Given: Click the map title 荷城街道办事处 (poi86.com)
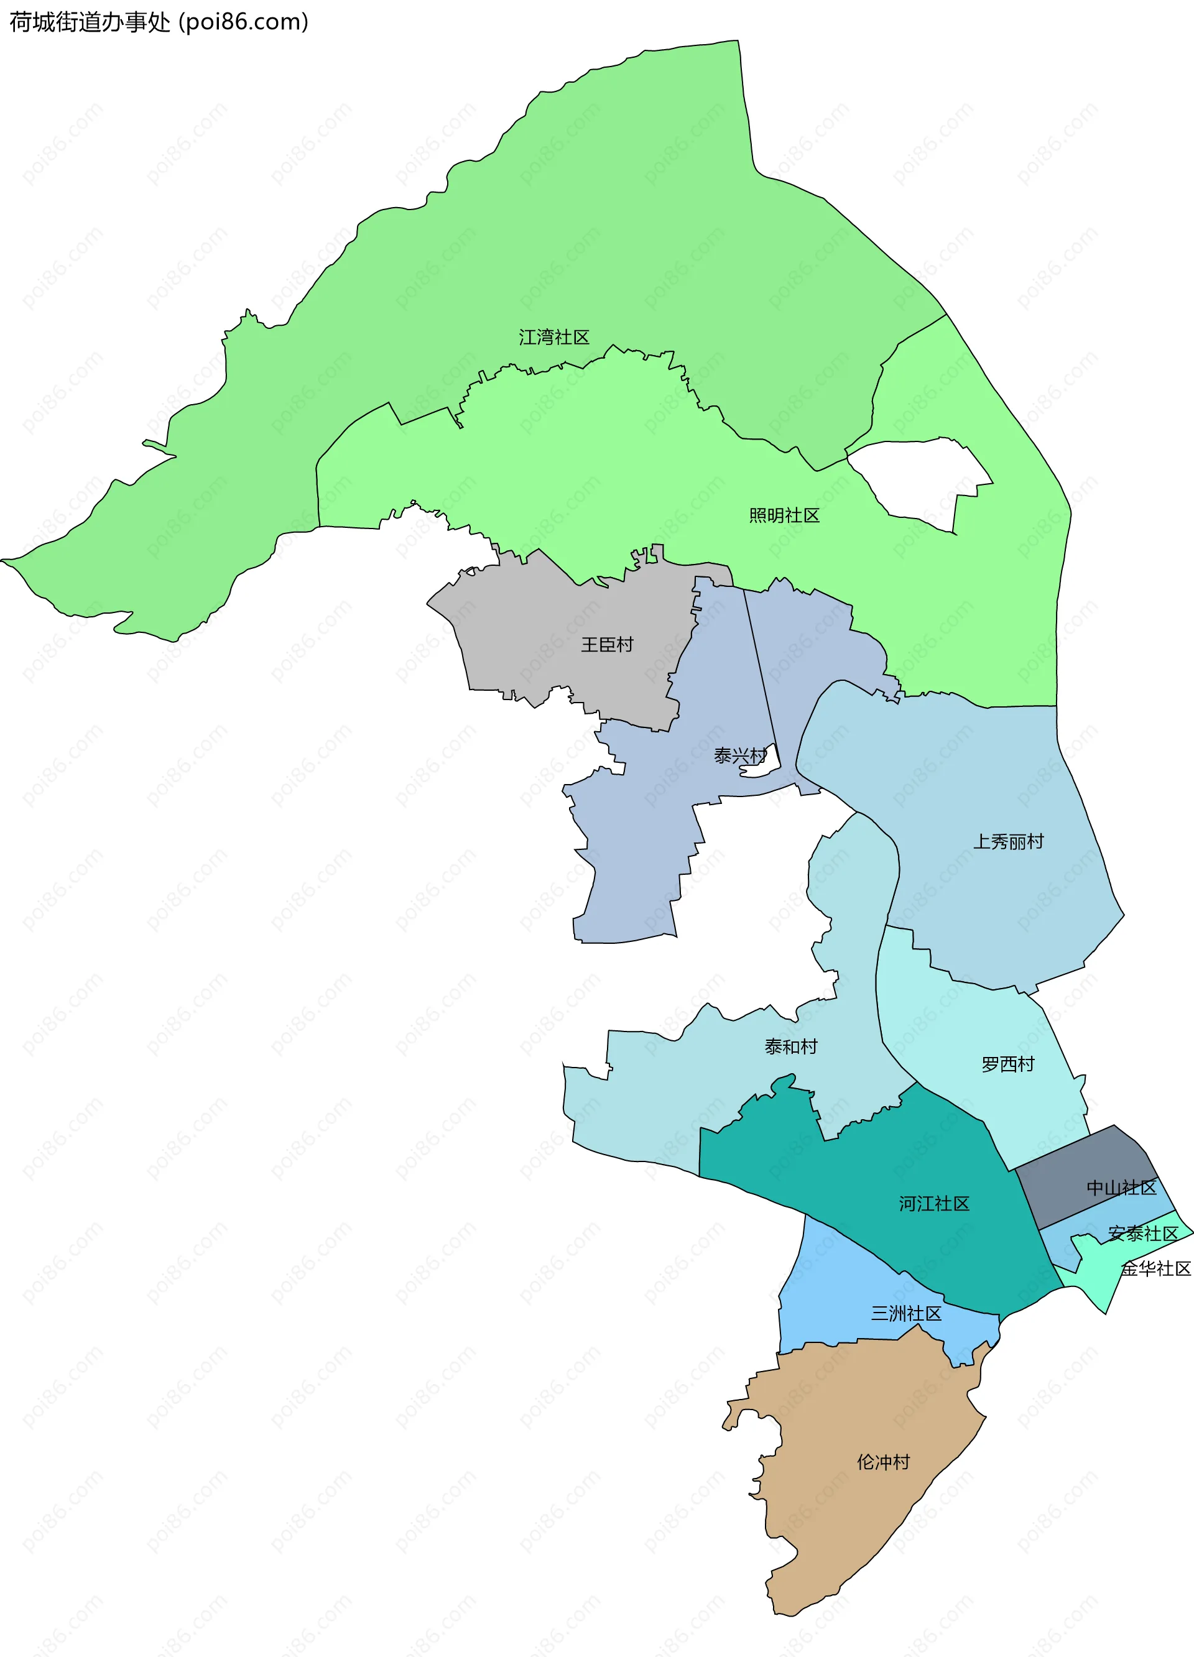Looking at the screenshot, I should click(x=159, y=22).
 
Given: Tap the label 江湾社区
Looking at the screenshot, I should click(x=554, y=337).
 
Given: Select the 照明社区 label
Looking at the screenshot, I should click(x=784, y=515).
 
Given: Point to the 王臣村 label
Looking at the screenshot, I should click(x=606, y=644).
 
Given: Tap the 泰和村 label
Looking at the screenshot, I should click(x=790, y=1047).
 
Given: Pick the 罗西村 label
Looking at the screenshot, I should click(x=1007, y=1064).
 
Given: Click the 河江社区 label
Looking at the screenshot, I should click(x=934, y=1204).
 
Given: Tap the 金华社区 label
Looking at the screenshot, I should click(x=1156, y=1269).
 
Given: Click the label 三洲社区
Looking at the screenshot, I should click(x=906, y=1314).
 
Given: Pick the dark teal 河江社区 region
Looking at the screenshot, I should click(x=877, y=1169).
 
